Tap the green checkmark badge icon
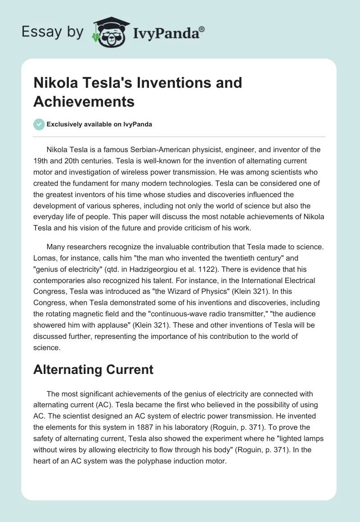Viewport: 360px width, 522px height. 39,125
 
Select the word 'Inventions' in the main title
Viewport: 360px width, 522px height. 165,83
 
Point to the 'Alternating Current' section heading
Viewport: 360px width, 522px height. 93,369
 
